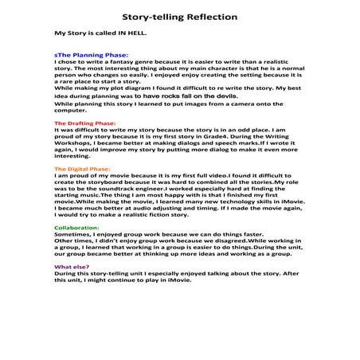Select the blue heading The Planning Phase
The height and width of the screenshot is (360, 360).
pyautogui.click(x=87, y=55)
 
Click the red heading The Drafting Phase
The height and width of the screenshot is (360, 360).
pyautogui.click(x=84, y=125)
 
